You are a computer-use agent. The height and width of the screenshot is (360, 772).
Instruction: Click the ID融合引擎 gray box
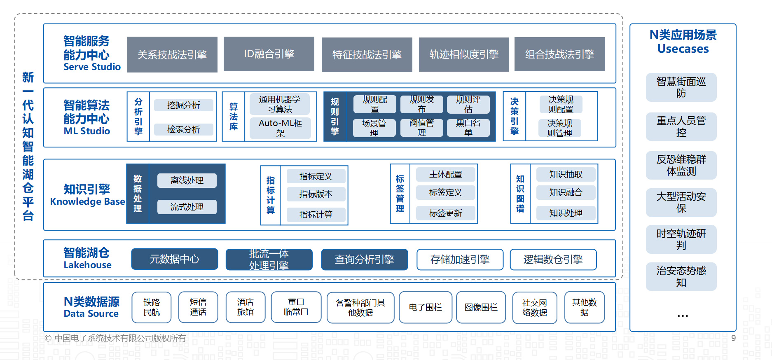click(x=269, y=54)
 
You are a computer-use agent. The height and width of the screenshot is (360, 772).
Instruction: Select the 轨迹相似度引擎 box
click(x=464, y=54)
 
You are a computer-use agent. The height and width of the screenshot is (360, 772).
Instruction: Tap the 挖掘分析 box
click(x=184, y=105)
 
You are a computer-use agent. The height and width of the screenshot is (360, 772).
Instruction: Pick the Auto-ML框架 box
click(x=280, y=128)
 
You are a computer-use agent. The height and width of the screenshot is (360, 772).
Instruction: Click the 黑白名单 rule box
click(x=468, y=128)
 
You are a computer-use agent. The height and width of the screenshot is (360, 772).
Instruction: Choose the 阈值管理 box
click(x=421, y=128)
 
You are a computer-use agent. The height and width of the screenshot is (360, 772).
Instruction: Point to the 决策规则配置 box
click(x=561, y=104)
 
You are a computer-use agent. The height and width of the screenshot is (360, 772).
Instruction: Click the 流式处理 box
click(x=187, y=207)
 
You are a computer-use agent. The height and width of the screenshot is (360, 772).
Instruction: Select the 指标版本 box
click(x=316, y=194)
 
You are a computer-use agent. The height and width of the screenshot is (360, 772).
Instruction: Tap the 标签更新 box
click(x=445, y=213)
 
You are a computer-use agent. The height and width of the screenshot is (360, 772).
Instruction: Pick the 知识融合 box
click(x=566, y=192)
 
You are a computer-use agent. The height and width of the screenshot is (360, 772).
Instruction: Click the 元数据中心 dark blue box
click(x=174, y=259)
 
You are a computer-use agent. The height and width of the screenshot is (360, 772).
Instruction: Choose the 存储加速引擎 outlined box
click(x=460, y=259)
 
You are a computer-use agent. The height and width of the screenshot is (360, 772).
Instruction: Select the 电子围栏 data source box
click(x=425, y=307)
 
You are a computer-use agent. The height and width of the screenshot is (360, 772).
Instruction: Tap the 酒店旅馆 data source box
click(x=246, y=307)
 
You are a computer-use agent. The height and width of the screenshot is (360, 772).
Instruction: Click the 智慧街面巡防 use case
click(x=681, y=87)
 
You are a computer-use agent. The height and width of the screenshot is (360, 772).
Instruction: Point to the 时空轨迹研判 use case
click(x=681, y=239)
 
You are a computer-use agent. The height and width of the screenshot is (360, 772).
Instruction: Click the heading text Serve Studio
click(x=92, y=67)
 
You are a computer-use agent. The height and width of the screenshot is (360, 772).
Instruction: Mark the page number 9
click(x=733, y=338)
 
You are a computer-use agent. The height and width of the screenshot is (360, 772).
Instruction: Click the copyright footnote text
click(x=115, y=338)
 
